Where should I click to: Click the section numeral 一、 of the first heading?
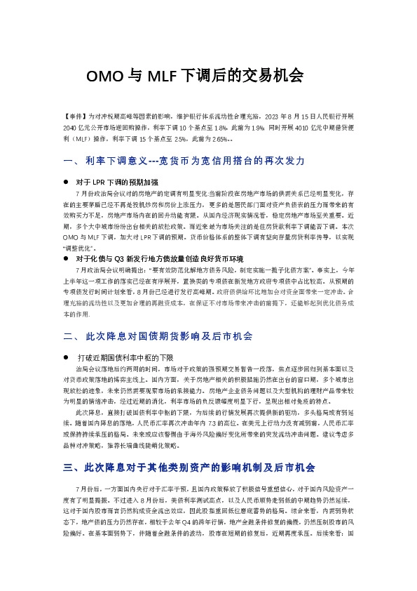(71, 161)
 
